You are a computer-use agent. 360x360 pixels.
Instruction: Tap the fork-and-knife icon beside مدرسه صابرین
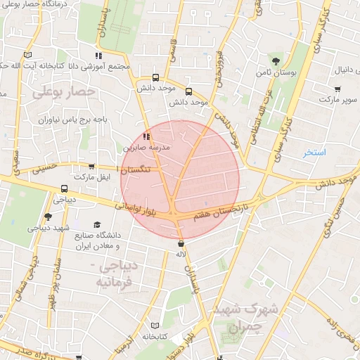click(x=146, y=136)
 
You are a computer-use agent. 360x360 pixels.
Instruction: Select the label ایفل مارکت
click(x=94, y=175)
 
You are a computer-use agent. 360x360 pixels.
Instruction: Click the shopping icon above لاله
click(x=181, y=243)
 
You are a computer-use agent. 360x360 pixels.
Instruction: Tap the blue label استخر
click(x=314, y=153)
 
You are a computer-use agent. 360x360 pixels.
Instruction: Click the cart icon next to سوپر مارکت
click(x=338, y=89)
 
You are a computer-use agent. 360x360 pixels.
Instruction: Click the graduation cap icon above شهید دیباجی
click(x=48, y=217)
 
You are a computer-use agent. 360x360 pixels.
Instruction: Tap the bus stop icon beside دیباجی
click(x=64, y=188)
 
